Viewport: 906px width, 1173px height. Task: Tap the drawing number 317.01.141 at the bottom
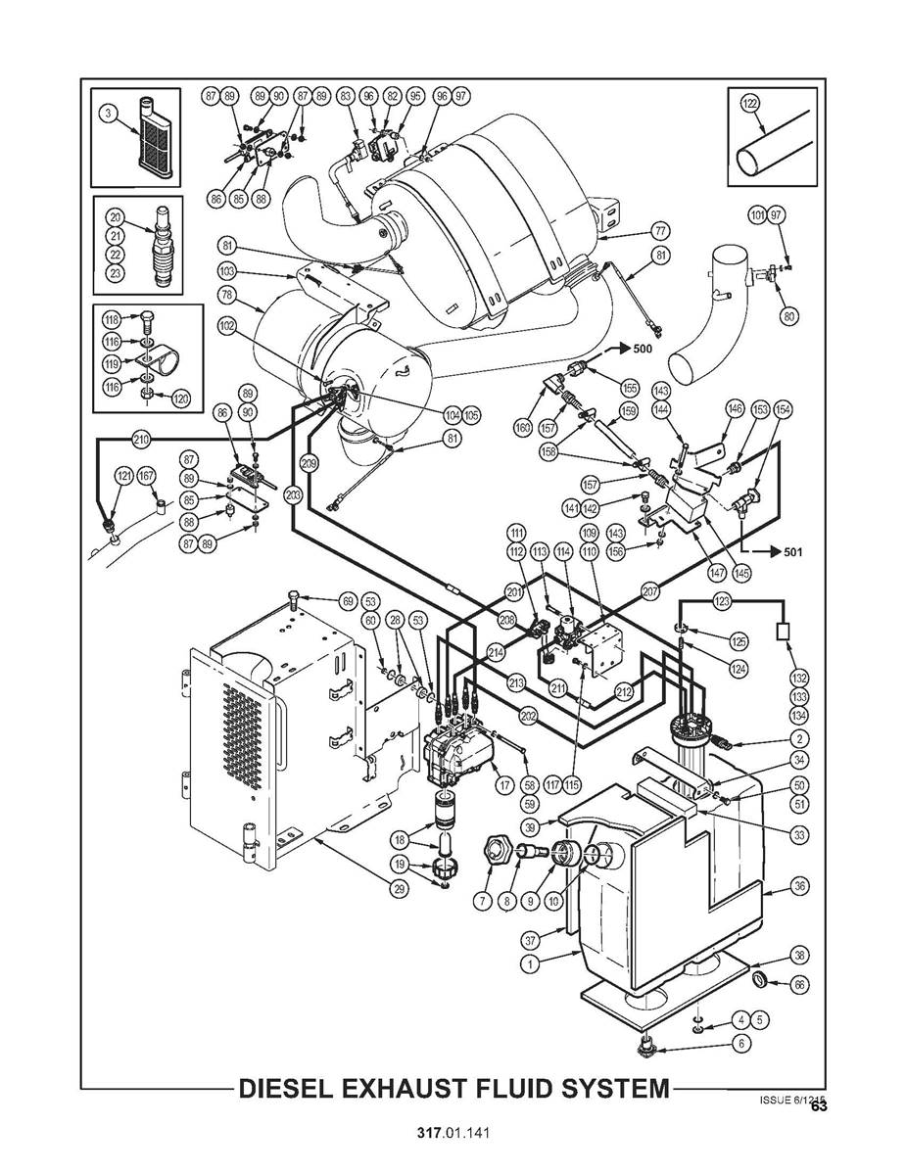(x=452, y=1133)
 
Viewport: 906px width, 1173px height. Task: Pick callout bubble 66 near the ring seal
(x=799, y=985)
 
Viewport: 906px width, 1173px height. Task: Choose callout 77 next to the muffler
(x=660, y=231)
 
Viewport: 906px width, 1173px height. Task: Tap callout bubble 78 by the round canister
(x=226, y=295)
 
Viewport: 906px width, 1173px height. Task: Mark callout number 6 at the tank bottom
(x=741, y=1043)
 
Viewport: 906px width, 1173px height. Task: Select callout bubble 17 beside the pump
(x=505, y=784)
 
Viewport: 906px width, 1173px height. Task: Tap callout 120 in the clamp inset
(x=179, y=399)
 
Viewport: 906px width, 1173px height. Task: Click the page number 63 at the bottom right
(x=819, y=1107)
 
